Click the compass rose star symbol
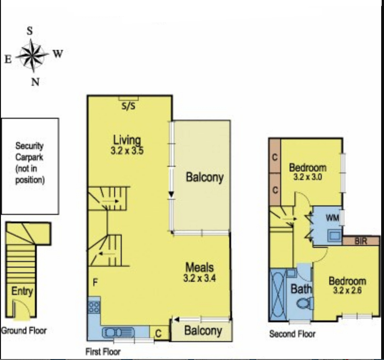click(x=33, y=55)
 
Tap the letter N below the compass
click(x=34, y=82)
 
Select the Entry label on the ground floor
click(x=22, y=291)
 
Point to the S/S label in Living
click(x=128, y=106)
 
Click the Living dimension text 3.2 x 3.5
click(x=128, y=152)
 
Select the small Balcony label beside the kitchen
click(x=203, y=331)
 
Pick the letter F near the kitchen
click(x=95, y=283)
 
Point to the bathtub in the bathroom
click(x=276, y=295)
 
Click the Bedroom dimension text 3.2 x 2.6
click(x=347, y=291)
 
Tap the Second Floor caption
click(x=292, y=334)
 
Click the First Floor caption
click(x=103, y=352)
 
